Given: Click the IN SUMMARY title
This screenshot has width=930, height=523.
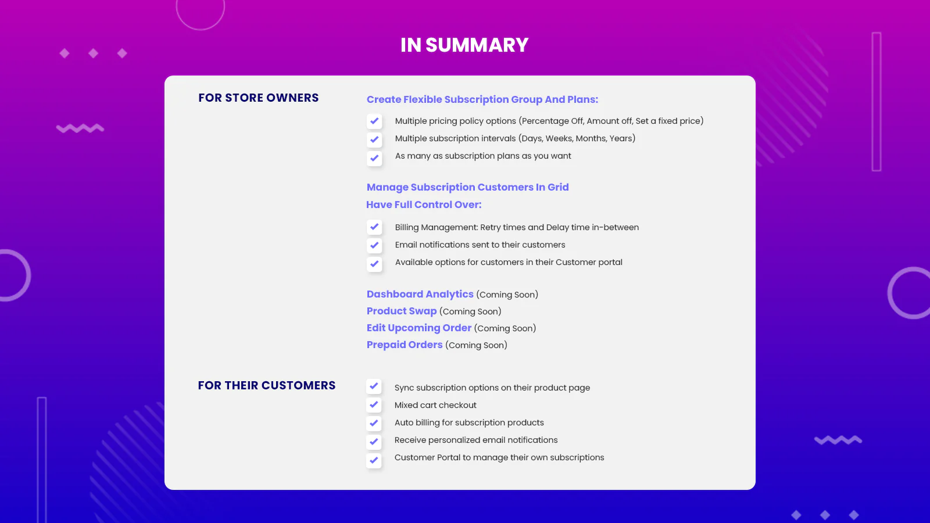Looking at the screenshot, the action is (x=464, y=45).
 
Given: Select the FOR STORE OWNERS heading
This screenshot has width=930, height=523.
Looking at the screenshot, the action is (x=258, y=98).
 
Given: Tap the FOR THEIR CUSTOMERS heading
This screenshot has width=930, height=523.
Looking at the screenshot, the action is (x=267, y=386).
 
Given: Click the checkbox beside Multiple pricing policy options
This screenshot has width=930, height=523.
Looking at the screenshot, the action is (x=374, y=121).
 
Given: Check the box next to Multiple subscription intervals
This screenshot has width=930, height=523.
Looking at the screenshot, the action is (x=374, y=139).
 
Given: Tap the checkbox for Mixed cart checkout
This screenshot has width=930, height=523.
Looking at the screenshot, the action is (x=374, y=404).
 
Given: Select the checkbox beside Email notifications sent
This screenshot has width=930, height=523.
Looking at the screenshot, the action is (x=374, y=245).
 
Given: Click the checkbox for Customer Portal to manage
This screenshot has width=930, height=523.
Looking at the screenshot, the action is (x=374, y=460).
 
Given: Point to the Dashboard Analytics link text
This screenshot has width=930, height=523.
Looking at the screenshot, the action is (x=420, y=294).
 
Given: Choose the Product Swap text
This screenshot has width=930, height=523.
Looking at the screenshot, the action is (x=402, y=311).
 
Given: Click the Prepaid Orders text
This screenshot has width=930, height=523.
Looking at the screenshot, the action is (x=405, y=345).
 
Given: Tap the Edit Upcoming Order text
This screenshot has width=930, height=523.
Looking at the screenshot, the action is (x=419, y=328).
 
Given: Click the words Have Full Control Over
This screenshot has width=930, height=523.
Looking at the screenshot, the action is (x=424, y=205).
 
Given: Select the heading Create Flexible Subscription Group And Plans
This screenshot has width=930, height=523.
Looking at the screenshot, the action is (x=482, y=99).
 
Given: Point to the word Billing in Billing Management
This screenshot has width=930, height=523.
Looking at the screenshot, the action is (x=407, y=227).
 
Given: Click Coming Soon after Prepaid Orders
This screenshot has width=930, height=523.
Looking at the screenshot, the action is (x=476, y=345).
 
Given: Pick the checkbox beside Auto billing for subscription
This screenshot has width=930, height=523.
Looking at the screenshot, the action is (x=374, y=423).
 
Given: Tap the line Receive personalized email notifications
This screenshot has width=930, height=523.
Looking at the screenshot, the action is (x=476, y=440).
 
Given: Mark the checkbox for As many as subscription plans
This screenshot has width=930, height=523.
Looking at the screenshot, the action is (x=374, y=158).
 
